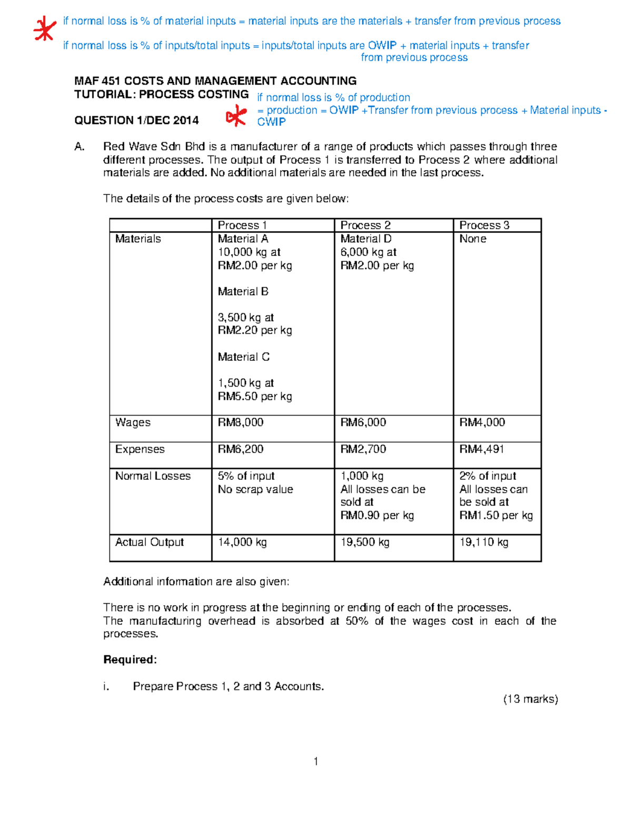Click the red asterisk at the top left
tap(44, 29)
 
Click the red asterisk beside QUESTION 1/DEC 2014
tap(236, 115)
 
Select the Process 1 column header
tap(242, 225)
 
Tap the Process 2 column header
tap(366, 225)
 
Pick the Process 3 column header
tap(484, 225)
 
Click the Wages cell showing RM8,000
tap(241, 422)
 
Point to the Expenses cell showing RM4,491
tap(481, 449)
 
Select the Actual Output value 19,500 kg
tap(364, 542)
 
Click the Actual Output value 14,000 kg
tap(242, 542)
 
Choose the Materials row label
tap(138, 239)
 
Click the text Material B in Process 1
tap(243, 292)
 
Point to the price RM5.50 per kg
tap(255, 397)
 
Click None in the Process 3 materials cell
tap(472, 239)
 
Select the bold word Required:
tap(130, 660)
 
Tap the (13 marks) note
tap(530, 699)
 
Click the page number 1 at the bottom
tap(315, 762)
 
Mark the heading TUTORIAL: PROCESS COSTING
tap(161, 95)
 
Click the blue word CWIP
tap(271, 122)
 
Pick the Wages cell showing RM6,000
tap(363, 422)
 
